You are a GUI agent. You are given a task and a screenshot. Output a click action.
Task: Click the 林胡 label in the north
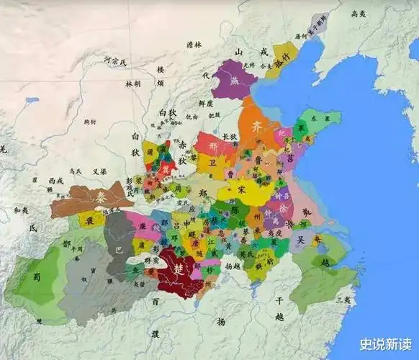coord(134,84)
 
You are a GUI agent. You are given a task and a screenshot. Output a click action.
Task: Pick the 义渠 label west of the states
coord(99,172)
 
